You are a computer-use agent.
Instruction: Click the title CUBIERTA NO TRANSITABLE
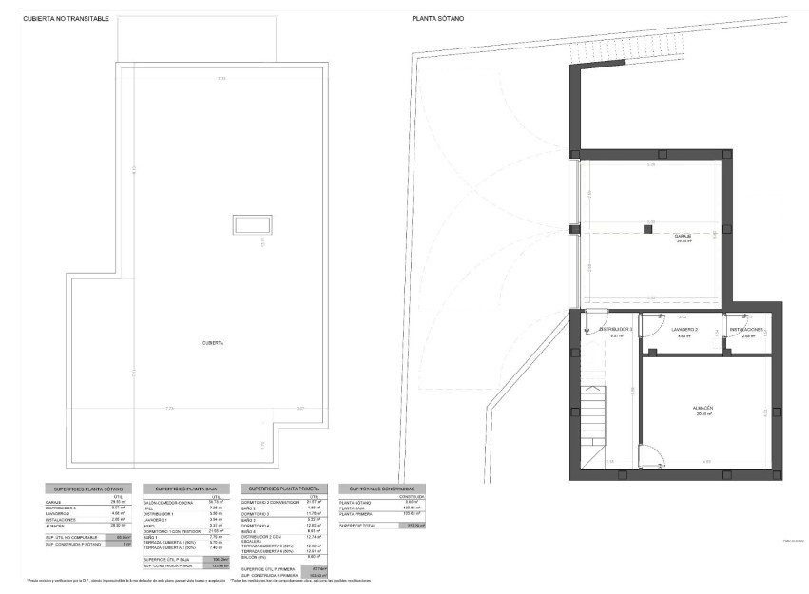[67, 18]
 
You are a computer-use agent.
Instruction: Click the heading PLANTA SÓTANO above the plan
[438, 18]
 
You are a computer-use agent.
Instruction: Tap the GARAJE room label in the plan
[682, 237]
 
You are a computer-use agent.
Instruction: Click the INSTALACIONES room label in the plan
[747, 330]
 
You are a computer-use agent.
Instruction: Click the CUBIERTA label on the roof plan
[213, 342]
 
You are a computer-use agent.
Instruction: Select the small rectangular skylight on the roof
[251, 224]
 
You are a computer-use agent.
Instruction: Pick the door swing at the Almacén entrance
[651, 459]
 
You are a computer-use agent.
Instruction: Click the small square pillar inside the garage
[648, 229]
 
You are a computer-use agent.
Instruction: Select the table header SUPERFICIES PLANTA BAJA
[182, 489]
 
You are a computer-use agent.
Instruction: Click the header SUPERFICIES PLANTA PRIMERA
[280, 489]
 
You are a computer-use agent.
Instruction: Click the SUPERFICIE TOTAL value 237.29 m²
[415, 525]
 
